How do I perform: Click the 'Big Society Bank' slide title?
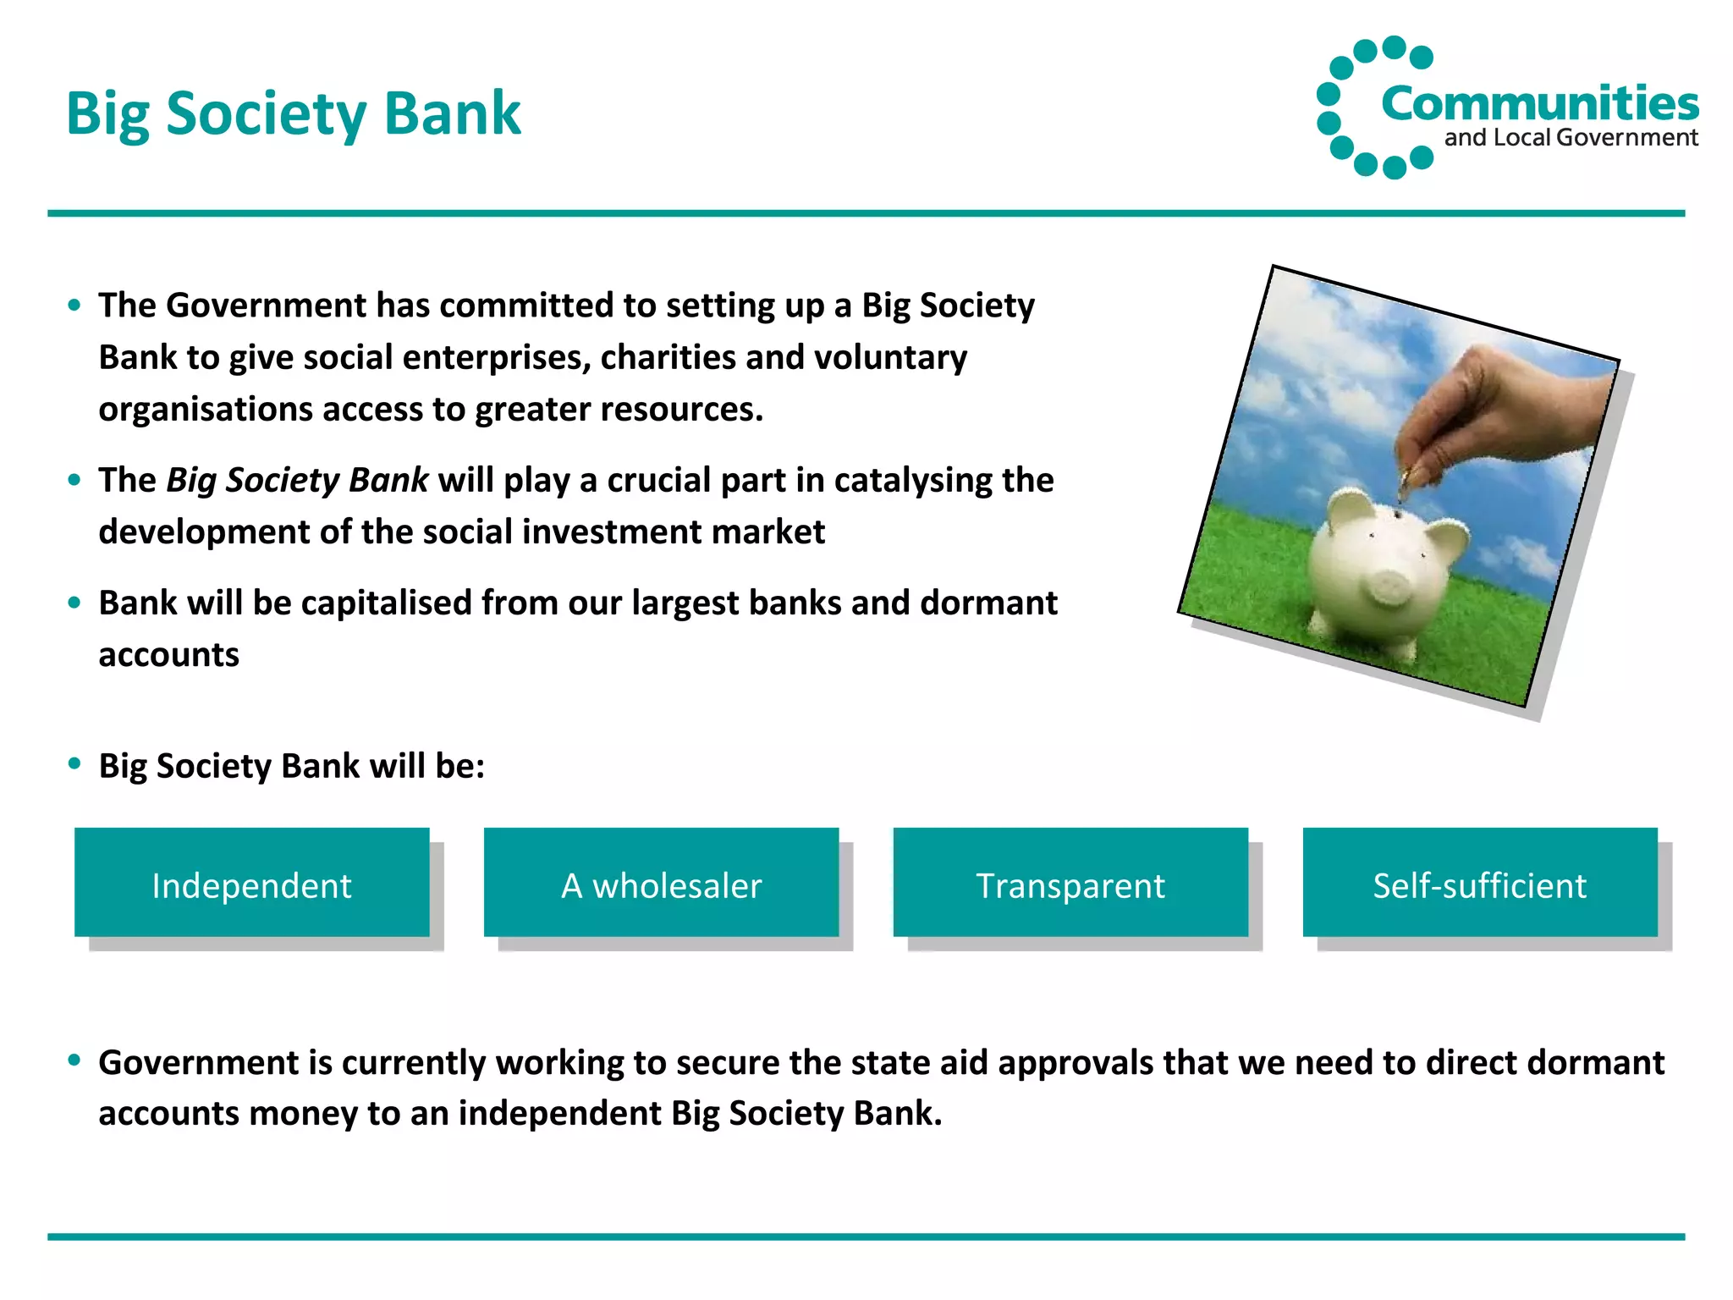click(293, 113)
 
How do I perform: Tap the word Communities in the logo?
click(1539, 104)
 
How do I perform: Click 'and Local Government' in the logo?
click(1571, 138)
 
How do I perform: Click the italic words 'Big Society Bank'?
click(297, 480)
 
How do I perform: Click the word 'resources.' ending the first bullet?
click(682, 410)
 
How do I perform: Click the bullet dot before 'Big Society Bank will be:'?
click(74, 763)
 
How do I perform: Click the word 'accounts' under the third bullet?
click(168, 655)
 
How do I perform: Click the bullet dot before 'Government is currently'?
click(74, 1060)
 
